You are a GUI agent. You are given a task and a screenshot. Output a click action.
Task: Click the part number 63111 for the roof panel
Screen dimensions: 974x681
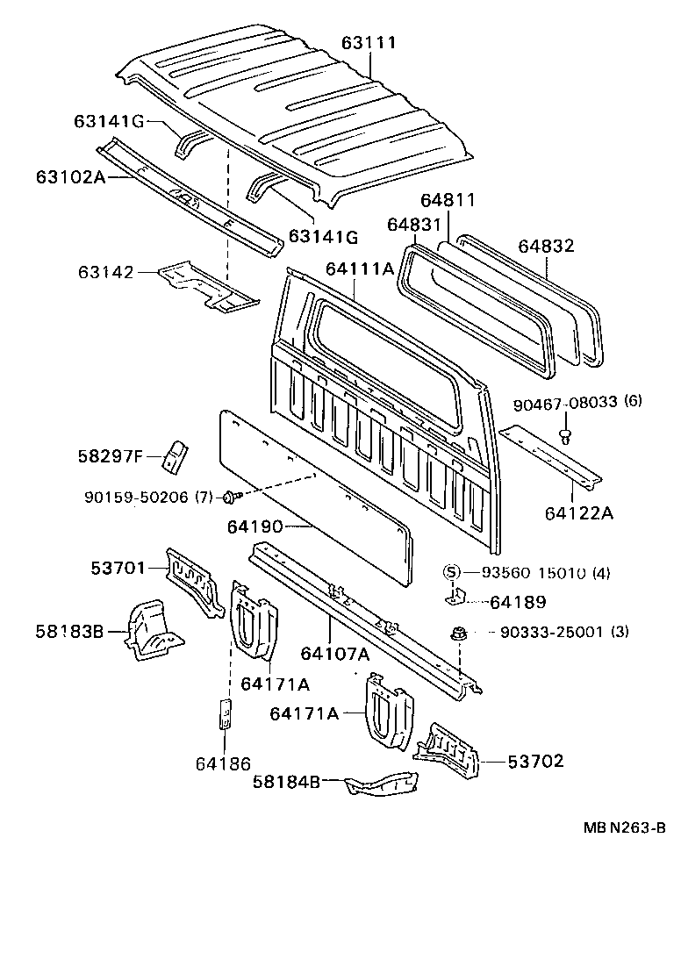[369, 43]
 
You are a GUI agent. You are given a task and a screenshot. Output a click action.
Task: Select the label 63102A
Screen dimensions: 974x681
[70, 176]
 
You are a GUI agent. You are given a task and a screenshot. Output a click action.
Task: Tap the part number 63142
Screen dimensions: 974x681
[104, 273]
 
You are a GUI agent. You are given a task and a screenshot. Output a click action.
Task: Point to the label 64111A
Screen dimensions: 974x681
[362, 269]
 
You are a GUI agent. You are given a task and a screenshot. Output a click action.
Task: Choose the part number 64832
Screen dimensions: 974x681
[545, 247]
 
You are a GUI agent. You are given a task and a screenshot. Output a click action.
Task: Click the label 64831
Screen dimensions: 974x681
[413, 225]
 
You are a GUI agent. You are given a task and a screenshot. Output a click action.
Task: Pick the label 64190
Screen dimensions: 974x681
[254, 526]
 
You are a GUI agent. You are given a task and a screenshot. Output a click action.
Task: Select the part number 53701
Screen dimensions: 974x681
[118, 568]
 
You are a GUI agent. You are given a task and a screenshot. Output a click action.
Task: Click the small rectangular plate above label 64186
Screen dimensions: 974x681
[224, 713]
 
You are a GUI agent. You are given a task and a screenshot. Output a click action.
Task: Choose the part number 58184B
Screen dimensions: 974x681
[285, 781]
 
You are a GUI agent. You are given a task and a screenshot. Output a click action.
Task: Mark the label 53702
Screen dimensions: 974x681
[535, 761]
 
